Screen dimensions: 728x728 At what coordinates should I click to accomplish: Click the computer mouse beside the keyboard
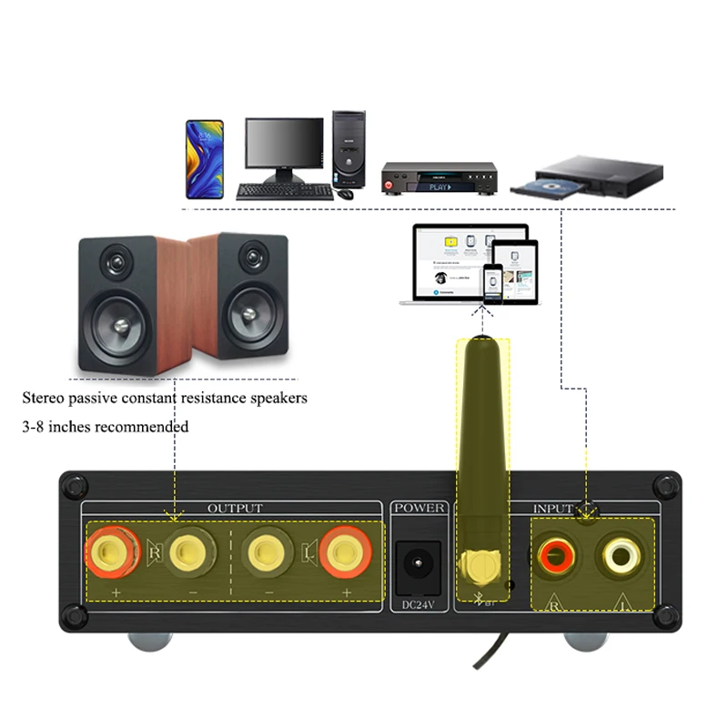click(x=347, y=193)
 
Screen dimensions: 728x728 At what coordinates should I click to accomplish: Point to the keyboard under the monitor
click(x=285, y=191)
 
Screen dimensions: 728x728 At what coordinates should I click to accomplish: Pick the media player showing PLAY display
click(x=439, y=178)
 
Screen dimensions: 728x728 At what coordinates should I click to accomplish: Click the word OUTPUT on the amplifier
click(x=235, y=508)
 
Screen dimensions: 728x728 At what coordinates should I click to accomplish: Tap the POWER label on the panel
click(x=420, y=508)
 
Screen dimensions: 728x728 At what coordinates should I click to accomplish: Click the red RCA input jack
click(x=554, y=553)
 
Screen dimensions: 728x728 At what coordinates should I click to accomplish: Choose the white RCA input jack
click(x=615, y=553)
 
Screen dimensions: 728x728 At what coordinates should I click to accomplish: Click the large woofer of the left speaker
click(x=118, y=325)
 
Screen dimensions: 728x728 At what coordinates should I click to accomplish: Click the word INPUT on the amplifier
click(x=553, y=508)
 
